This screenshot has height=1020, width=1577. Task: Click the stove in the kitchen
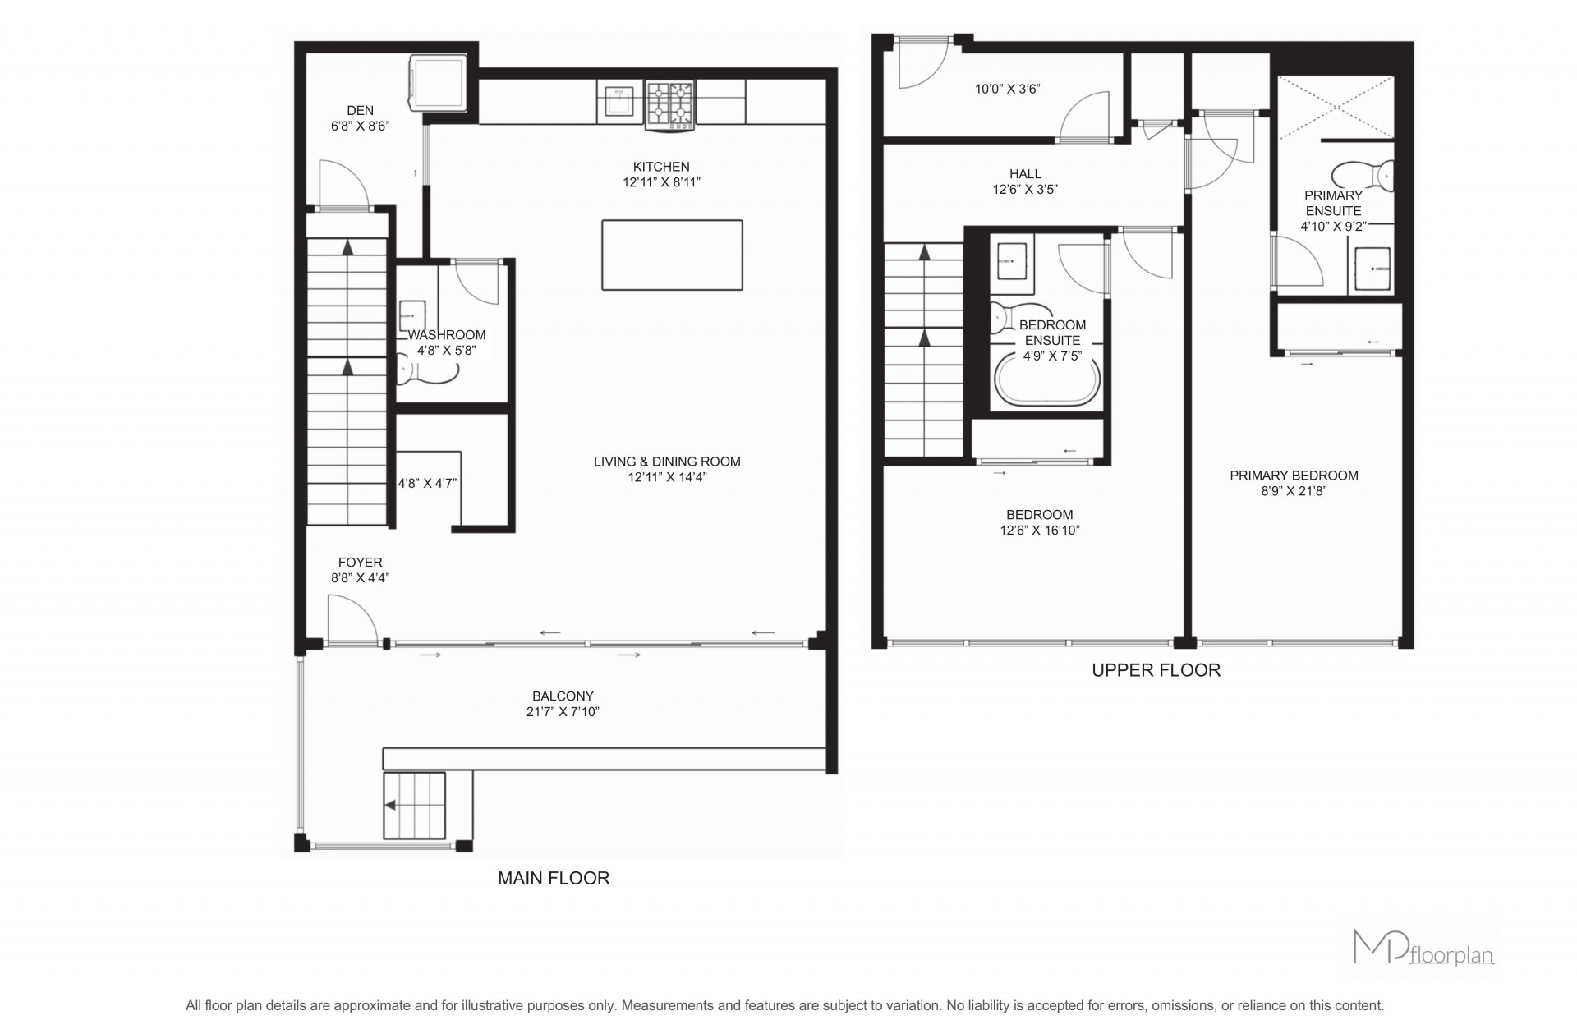tap(671, 106)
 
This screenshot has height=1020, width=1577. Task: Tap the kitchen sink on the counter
tap(616, 102)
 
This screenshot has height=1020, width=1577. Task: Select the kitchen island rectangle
tap(672, 255)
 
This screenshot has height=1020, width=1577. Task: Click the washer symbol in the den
tap(439, 82)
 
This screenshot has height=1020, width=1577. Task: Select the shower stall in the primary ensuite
tap(1336, 107)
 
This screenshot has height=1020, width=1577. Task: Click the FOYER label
tap(361, 563)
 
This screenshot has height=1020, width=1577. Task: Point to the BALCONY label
tap(563, 696)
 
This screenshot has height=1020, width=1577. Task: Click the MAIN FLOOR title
tap(554, 878)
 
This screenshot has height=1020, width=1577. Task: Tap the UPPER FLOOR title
tap(1156, 670)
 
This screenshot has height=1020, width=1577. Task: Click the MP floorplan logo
tap(1423, 947)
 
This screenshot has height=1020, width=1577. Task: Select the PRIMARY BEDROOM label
tap(1294, 476)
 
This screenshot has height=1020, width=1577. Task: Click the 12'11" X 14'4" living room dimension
tap(667, 477)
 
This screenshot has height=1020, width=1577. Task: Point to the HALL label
tap(1025, 174)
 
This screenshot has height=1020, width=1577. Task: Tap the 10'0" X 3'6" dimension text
tap(1008, 89)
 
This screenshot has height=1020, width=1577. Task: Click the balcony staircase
tap(415, 806)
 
